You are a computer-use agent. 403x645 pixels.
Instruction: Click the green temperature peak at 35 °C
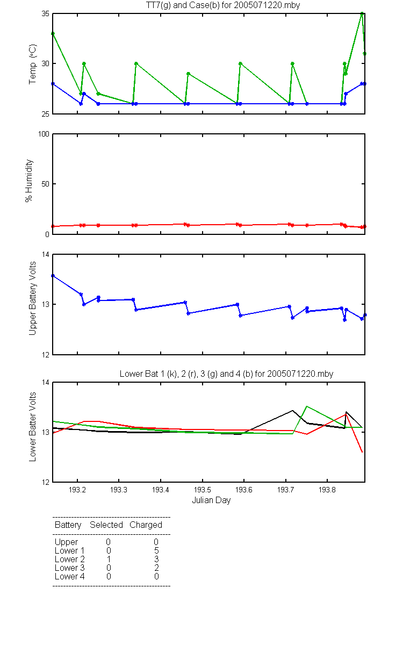[362, 13]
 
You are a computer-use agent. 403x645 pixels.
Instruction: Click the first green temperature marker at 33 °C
[53, 34]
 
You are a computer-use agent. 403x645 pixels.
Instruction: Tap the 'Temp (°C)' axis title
[33, 64]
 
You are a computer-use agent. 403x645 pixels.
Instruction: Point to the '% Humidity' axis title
[29, 181]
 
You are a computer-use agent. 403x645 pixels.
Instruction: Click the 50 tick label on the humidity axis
[45, 184]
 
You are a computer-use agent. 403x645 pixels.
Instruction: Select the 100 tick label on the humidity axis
[44, 134]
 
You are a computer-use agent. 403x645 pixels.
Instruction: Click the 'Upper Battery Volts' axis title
[33, 298]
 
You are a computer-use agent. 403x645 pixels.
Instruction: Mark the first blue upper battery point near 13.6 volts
[53, 276]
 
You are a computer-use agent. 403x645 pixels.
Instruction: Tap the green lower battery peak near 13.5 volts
[307, 406]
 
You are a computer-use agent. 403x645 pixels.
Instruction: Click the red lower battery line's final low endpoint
[362, 452]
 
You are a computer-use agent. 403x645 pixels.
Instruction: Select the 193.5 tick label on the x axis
[203, 490]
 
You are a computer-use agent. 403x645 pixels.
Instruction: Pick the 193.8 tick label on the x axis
[327, 490]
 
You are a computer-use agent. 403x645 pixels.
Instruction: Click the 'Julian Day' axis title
[211, 500]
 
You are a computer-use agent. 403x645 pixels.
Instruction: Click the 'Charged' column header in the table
[146, 525]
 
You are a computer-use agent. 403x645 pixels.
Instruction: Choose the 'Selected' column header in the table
[106, 525]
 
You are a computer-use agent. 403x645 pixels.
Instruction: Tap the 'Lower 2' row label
[70, 559]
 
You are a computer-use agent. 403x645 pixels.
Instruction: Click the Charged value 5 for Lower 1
[156, 550]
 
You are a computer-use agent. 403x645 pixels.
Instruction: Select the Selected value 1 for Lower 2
[109, 559]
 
